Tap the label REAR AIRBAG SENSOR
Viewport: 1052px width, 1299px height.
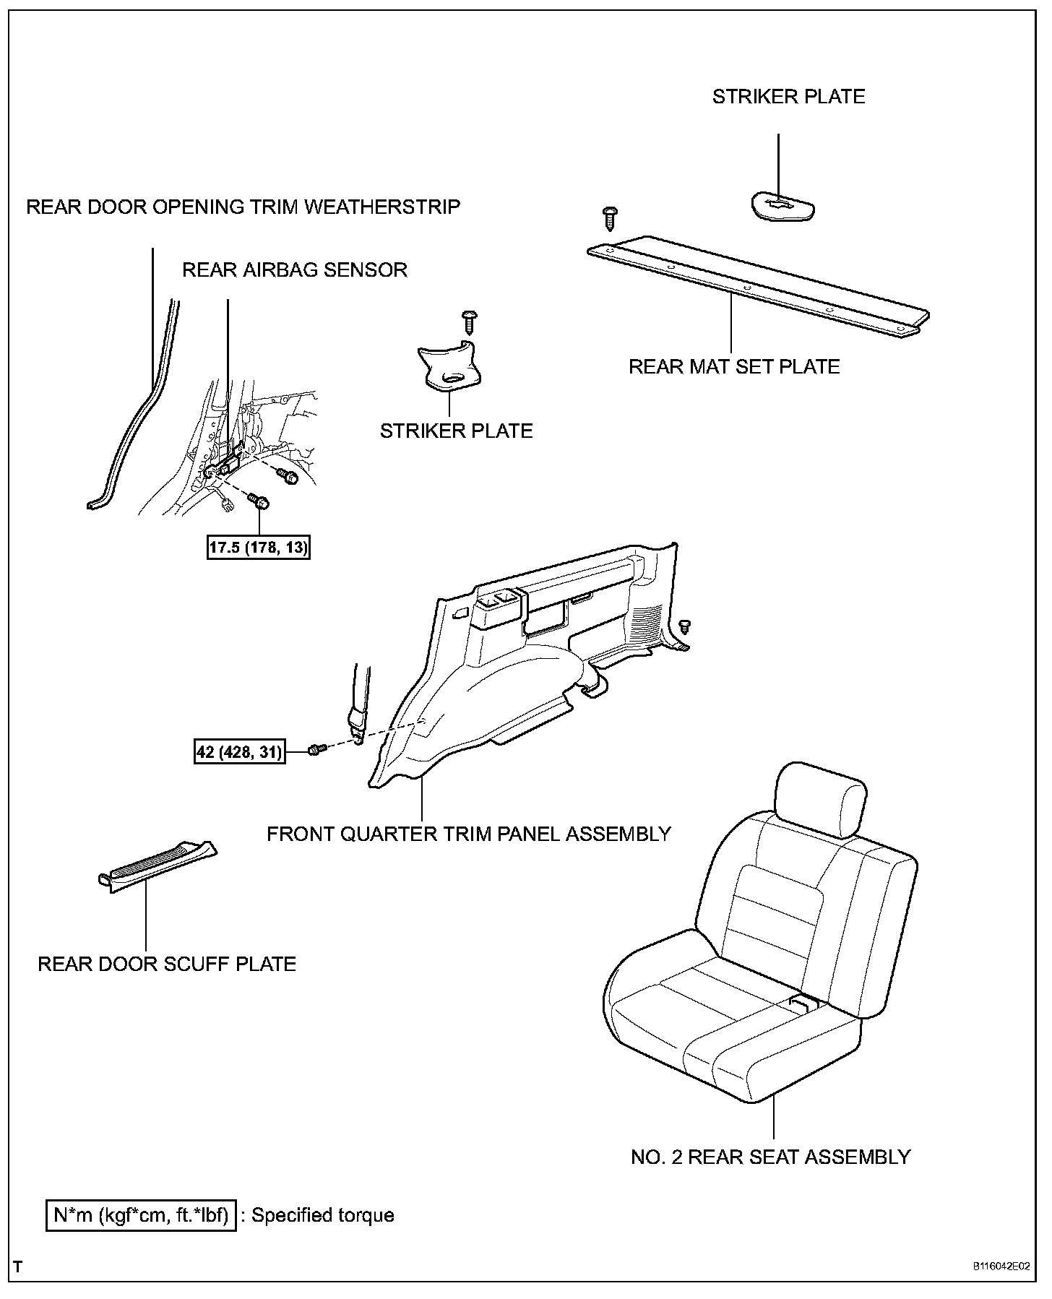pyautogui.click(x=294, y=270)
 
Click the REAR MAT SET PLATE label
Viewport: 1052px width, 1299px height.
pyautogui.click(x=734, y=367)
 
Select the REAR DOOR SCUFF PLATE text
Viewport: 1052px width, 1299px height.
pyautogui.click(x=167, y=964)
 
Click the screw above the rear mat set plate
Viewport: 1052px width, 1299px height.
pyautogui.click(x=610, y=217)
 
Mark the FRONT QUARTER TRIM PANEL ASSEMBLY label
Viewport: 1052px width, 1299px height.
pyautogui.click(x=469, y=834)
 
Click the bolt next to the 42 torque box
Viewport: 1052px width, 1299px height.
pyautogui.click(x=316, y=751)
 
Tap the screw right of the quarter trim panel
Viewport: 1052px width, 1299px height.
pyautogui.click(x=686, y=626)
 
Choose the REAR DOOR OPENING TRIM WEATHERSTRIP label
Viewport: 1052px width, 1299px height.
pyautogui.click(x=243, y=207)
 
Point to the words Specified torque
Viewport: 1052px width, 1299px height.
pyautogui.click(x=323, y=1216)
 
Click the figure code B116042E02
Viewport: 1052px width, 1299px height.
pyautogui.click(x=1000, y=1266)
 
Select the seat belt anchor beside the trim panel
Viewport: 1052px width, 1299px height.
pyautogui.click(x=358, y=719)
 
